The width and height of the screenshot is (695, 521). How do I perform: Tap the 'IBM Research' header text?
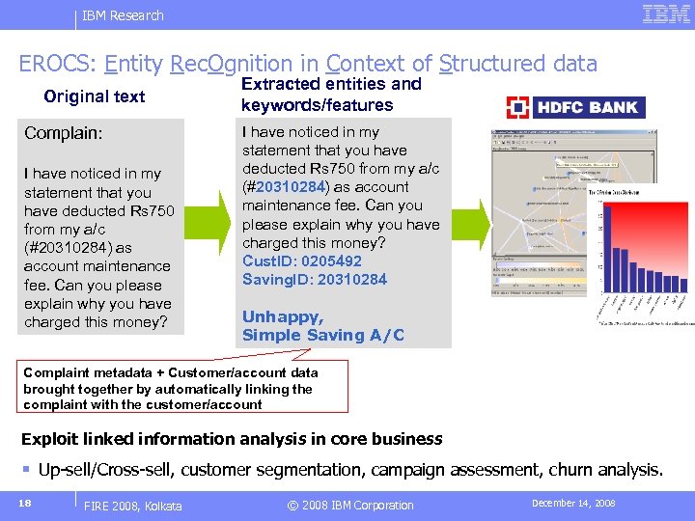[123, 15]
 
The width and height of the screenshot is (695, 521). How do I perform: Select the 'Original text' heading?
[95, 96]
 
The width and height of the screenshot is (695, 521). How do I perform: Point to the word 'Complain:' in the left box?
[64, 132]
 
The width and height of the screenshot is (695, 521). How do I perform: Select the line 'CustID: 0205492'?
[302, 260]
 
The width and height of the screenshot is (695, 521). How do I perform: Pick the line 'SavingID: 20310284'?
[315, 279]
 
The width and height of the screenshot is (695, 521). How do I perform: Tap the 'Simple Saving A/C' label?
[323, 335]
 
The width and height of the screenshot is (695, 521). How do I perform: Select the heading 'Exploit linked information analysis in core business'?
[232, 439]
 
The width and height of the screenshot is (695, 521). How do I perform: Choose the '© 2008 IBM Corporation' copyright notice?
[350, 505]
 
